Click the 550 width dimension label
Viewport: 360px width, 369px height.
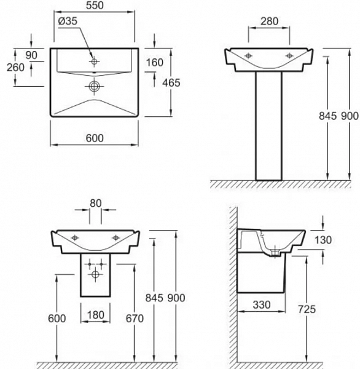(x=95, y=5)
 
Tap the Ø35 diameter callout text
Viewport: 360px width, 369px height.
(x=68, y=21)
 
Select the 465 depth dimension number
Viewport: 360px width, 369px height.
(x=171, y=83)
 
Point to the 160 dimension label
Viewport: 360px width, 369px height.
(x=154, y=63)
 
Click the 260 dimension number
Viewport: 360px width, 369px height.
(x=15, y=68)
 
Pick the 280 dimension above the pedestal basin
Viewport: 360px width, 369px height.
(x=269, y=22)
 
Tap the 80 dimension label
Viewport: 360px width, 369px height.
(x=95, y=204)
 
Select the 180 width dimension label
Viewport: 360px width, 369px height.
(x=95, y=315)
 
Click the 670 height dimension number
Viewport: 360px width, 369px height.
(x=135, y=319)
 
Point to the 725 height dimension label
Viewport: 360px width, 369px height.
(x=307, y=309)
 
